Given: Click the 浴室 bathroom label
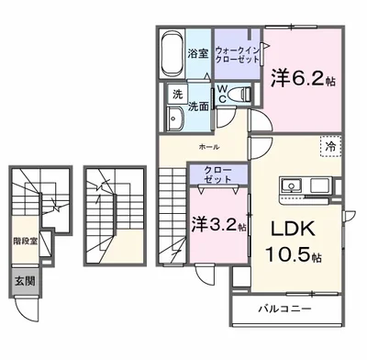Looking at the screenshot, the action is (x=198, y=54).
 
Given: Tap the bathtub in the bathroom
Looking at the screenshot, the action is (x=172, y=54).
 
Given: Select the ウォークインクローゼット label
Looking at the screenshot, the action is (x=238, y=54).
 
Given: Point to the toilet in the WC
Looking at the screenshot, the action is (x=239, y=94).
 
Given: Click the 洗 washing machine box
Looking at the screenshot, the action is (x=177, y=95).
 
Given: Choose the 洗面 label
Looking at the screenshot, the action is (x=198, y=107).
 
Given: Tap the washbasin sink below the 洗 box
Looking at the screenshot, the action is (x=174, y=118).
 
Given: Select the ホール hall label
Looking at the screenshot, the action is (x=209, y=147).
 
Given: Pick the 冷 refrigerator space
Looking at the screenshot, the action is (x=330, y=146).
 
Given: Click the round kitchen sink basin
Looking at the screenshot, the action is (x=291, y=185).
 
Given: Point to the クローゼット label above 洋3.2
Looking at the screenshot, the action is (x=218, y=174).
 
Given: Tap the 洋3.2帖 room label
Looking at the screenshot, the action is (x=218, y=225).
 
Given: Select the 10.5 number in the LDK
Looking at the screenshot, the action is (x=288, y=254).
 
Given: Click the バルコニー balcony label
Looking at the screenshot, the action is (x=284, y=309).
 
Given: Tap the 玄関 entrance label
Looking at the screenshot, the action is (x=25, y=281).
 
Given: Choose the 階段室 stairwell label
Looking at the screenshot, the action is (x=26, y=242).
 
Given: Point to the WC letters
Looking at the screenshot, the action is (x=222, y=95).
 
